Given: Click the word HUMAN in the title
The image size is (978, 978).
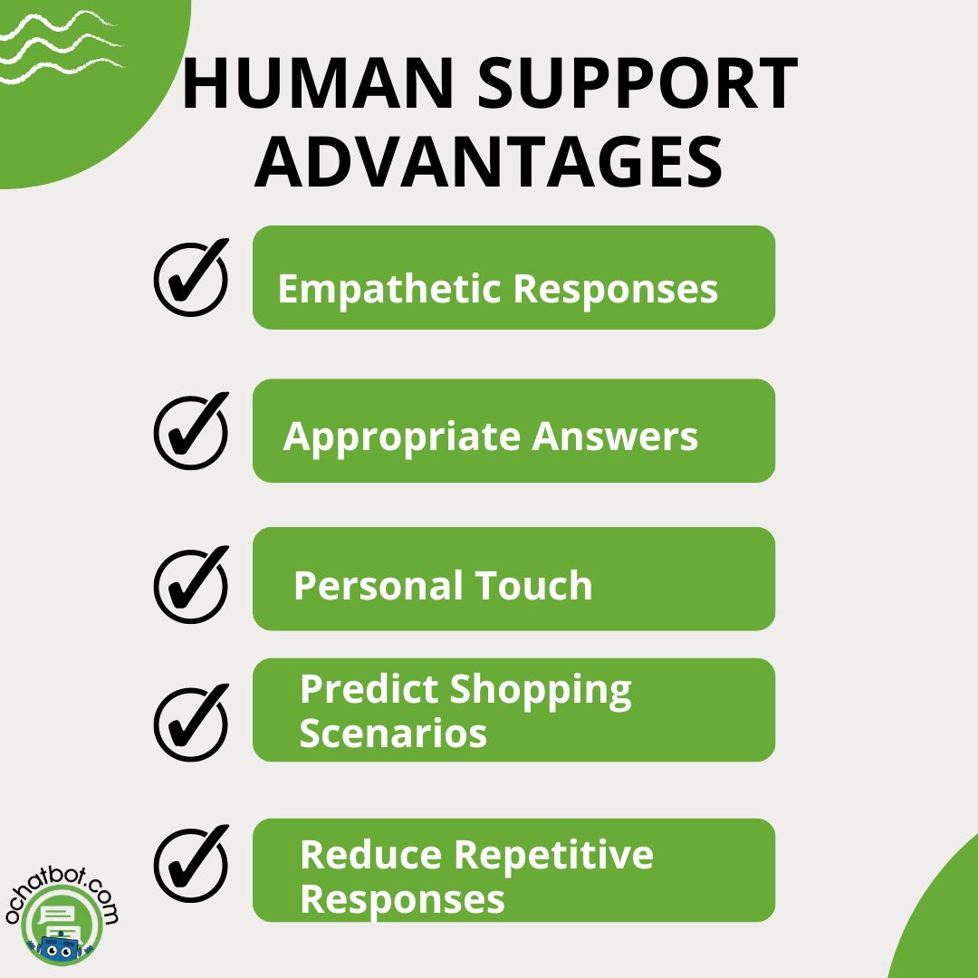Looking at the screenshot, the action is tap(318, 83).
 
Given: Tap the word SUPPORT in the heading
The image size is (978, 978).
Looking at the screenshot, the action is tap(638, 83).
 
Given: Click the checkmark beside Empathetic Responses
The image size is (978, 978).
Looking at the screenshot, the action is tap(191, 277).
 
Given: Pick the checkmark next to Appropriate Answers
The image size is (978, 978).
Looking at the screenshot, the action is tap(191, 430).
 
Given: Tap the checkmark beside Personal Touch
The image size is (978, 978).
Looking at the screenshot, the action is tap(191, 584).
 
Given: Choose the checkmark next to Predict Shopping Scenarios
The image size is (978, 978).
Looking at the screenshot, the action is tap(191, 723).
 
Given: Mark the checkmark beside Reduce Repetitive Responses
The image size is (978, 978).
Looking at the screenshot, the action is tap(191, 863).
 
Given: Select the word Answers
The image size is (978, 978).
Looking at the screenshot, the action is tap(615, 436).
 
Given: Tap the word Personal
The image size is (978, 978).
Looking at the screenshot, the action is tap(379, 586).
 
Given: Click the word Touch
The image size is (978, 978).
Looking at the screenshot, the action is tap(533, 586).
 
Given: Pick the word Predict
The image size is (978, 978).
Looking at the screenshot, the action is tap(369, 689).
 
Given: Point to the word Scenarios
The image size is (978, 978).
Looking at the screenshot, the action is tap(394, 733).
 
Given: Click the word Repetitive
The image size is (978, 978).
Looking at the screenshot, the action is tap(554, 857).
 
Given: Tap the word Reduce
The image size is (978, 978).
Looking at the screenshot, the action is tap(372, 855).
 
